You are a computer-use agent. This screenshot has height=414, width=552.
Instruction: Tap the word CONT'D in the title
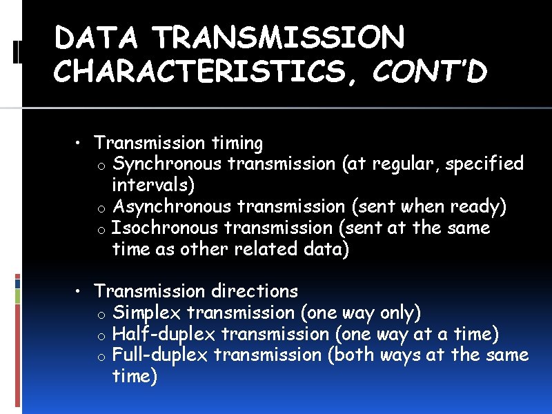click(x=429, y=71)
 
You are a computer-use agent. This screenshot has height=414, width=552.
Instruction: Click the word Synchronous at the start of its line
click(x=167, y=164)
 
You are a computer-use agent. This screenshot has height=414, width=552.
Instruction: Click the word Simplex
click(x=146, y=313)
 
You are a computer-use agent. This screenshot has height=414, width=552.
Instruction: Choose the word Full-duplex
click(x=160, y=355)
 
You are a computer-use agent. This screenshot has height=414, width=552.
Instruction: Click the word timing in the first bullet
click(x=237, y=144)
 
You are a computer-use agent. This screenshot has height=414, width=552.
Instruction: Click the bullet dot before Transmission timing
click(x=80, y=143)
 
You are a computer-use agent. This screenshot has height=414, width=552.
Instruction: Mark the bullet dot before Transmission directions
click(x=80, y=291)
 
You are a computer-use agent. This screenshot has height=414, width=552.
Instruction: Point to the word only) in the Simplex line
click(x=400, y=313)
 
